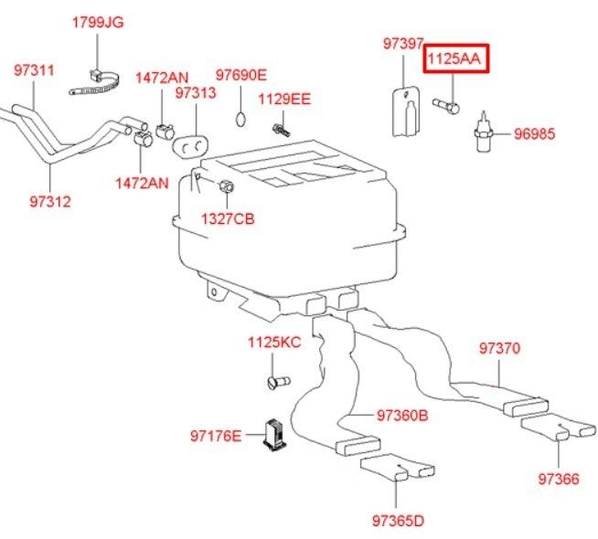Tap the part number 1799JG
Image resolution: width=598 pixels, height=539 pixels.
coord(98,22)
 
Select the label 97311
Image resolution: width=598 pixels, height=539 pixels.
coord(34,69)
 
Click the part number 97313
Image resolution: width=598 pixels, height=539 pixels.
coord(195,93)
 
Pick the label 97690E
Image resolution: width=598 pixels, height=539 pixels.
coord(241,75)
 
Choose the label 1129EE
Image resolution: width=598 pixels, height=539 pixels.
coord(283,99)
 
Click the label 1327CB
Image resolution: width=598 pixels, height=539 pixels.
coord(230,218)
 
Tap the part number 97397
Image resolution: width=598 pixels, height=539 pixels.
coord(403,44)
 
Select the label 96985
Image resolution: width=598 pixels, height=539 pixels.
coord(534,133)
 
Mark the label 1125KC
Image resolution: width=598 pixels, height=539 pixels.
coord(274,343)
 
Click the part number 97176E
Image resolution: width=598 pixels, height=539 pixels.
coord(217,436)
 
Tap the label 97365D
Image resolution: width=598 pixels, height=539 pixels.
coord(398,522)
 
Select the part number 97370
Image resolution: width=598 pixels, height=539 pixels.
coord(500,348)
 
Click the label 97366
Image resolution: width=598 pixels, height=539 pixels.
coord(559,478)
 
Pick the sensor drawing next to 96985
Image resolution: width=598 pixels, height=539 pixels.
coord(482,132)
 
